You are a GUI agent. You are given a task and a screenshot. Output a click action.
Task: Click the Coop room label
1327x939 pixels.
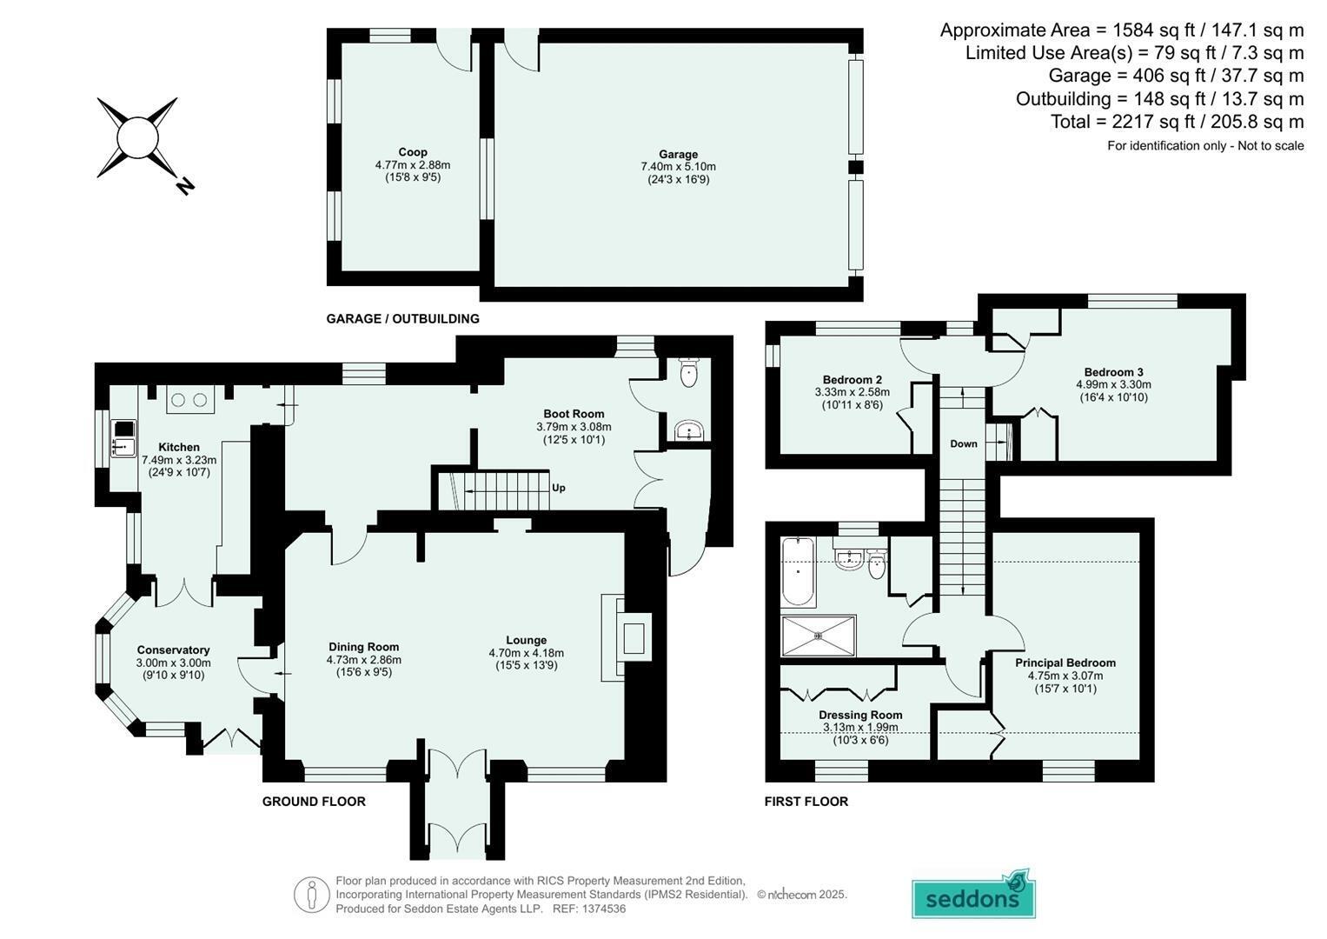pos(412,152)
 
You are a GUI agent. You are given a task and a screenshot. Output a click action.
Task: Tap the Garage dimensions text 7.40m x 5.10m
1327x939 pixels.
pos(679,167)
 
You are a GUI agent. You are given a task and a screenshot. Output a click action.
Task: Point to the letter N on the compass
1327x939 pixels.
pos(185,186)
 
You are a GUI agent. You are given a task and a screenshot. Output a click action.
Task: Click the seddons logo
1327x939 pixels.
pos(973,896)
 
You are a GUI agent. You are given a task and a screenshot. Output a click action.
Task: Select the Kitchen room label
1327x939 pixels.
pos(179,447)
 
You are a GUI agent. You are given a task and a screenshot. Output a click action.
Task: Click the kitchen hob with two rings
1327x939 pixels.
pos(189,401)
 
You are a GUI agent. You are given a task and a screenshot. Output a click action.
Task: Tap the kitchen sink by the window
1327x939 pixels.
pos(123,439)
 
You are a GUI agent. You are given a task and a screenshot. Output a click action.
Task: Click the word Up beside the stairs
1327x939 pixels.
pos(559,488)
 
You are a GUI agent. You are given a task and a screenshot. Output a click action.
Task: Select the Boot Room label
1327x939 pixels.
pos(574,414)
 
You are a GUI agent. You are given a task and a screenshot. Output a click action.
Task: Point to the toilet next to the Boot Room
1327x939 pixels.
pos(688,372)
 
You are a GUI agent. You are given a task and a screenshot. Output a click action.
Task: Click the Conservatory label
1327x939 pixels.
pos(173,650)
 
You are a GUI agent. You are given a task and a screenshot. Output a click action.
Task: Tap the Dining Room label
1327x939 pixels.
pos(364,647)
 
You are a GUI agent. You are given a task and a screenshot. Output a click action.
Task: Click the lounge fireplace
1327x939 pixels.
pos(627,638)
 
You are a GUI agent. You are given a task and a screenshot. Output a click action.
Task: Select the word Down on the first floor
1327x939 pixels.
pos(964,443)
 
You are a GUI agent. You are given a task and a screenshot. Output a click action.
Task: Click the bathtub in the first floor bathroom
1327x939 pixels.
pos(798,571)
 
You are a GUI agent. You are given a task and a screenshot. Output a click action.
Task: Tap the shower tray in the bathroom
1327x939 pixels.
pos(819,636)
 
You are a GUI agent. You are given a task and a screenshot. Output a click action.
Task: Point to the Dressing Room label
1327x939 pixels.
pos(861,715)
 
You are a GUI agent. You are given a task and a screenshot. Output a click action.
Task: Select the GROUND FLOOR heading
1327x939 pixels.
pos(314,802)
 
